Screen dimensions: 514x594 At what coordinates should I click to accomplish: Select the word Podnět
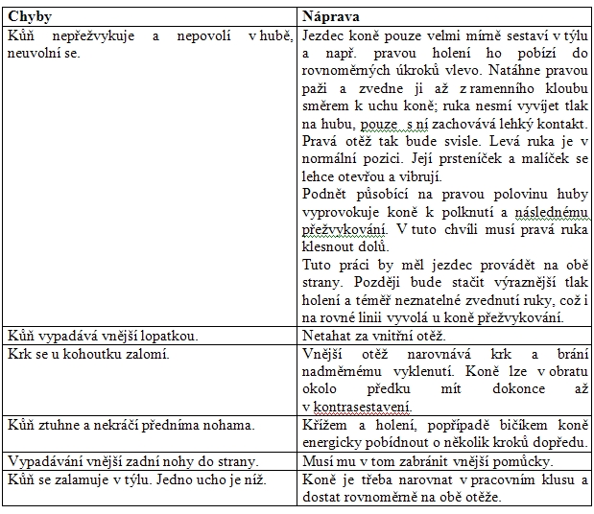325,195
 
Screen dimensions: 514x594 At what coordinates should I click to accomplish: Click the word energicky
333,442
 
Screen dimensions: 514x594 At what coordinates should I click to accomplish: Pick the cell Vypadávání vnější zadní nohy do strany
119,460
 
